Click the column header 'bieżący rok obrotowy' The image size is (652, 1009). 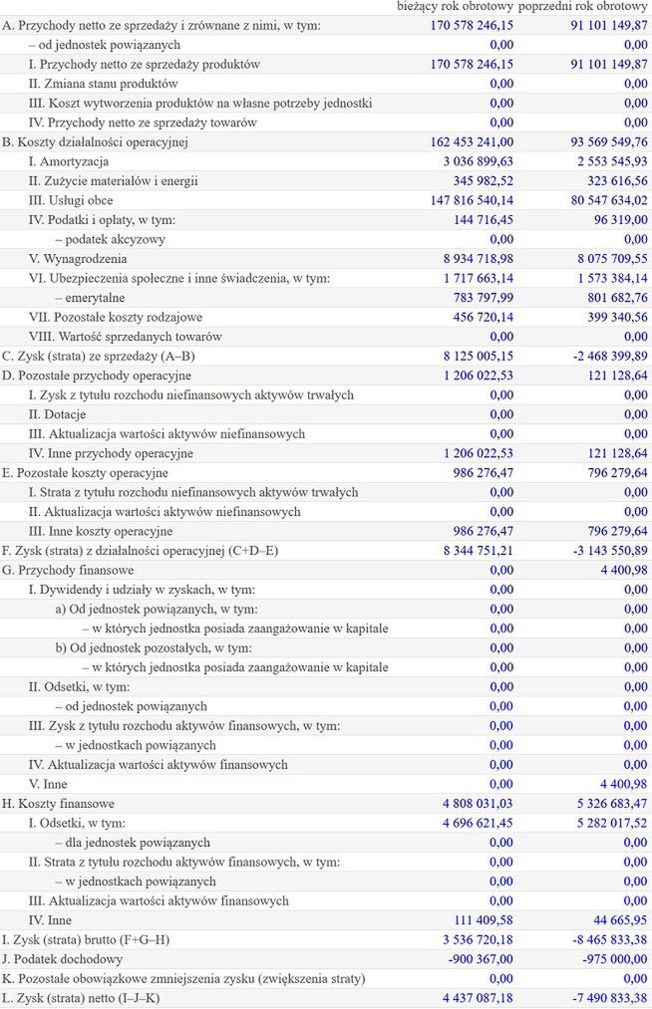pos(456,7)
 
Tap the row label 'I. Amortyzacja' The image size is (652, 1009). pos(69,161)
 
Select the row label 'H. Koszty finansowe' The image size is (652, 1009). pos(59,803)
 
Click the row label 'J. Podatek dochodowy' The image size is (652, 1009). pos(65,958)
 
